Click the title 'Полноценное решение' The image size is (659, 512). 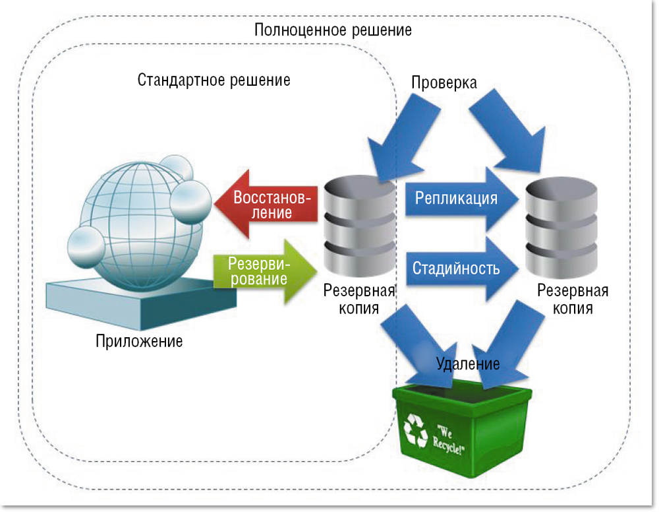tap(333, 30)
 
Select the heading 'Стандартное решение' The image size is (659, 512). tap(214, 80)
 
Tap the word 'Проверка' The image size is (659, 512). tap(444, 82)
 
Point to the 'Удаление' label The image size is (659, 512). tap(468, 364)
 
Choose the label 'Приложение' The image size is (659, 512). tap(139, 342)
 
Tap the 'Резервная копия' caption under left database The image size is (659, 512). tap(359, 300)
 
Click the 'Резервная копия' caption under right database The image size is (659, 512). tap(573, 300)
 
